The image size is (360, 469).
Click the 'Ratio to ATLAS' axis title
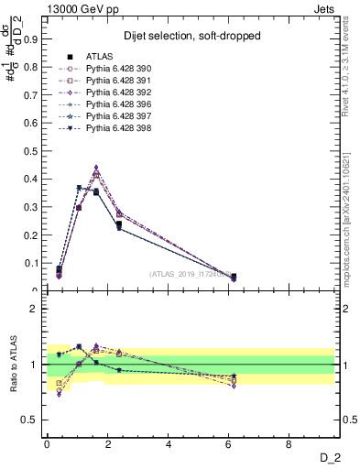13,366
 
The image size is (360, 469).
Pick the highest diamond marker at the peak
96,168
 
